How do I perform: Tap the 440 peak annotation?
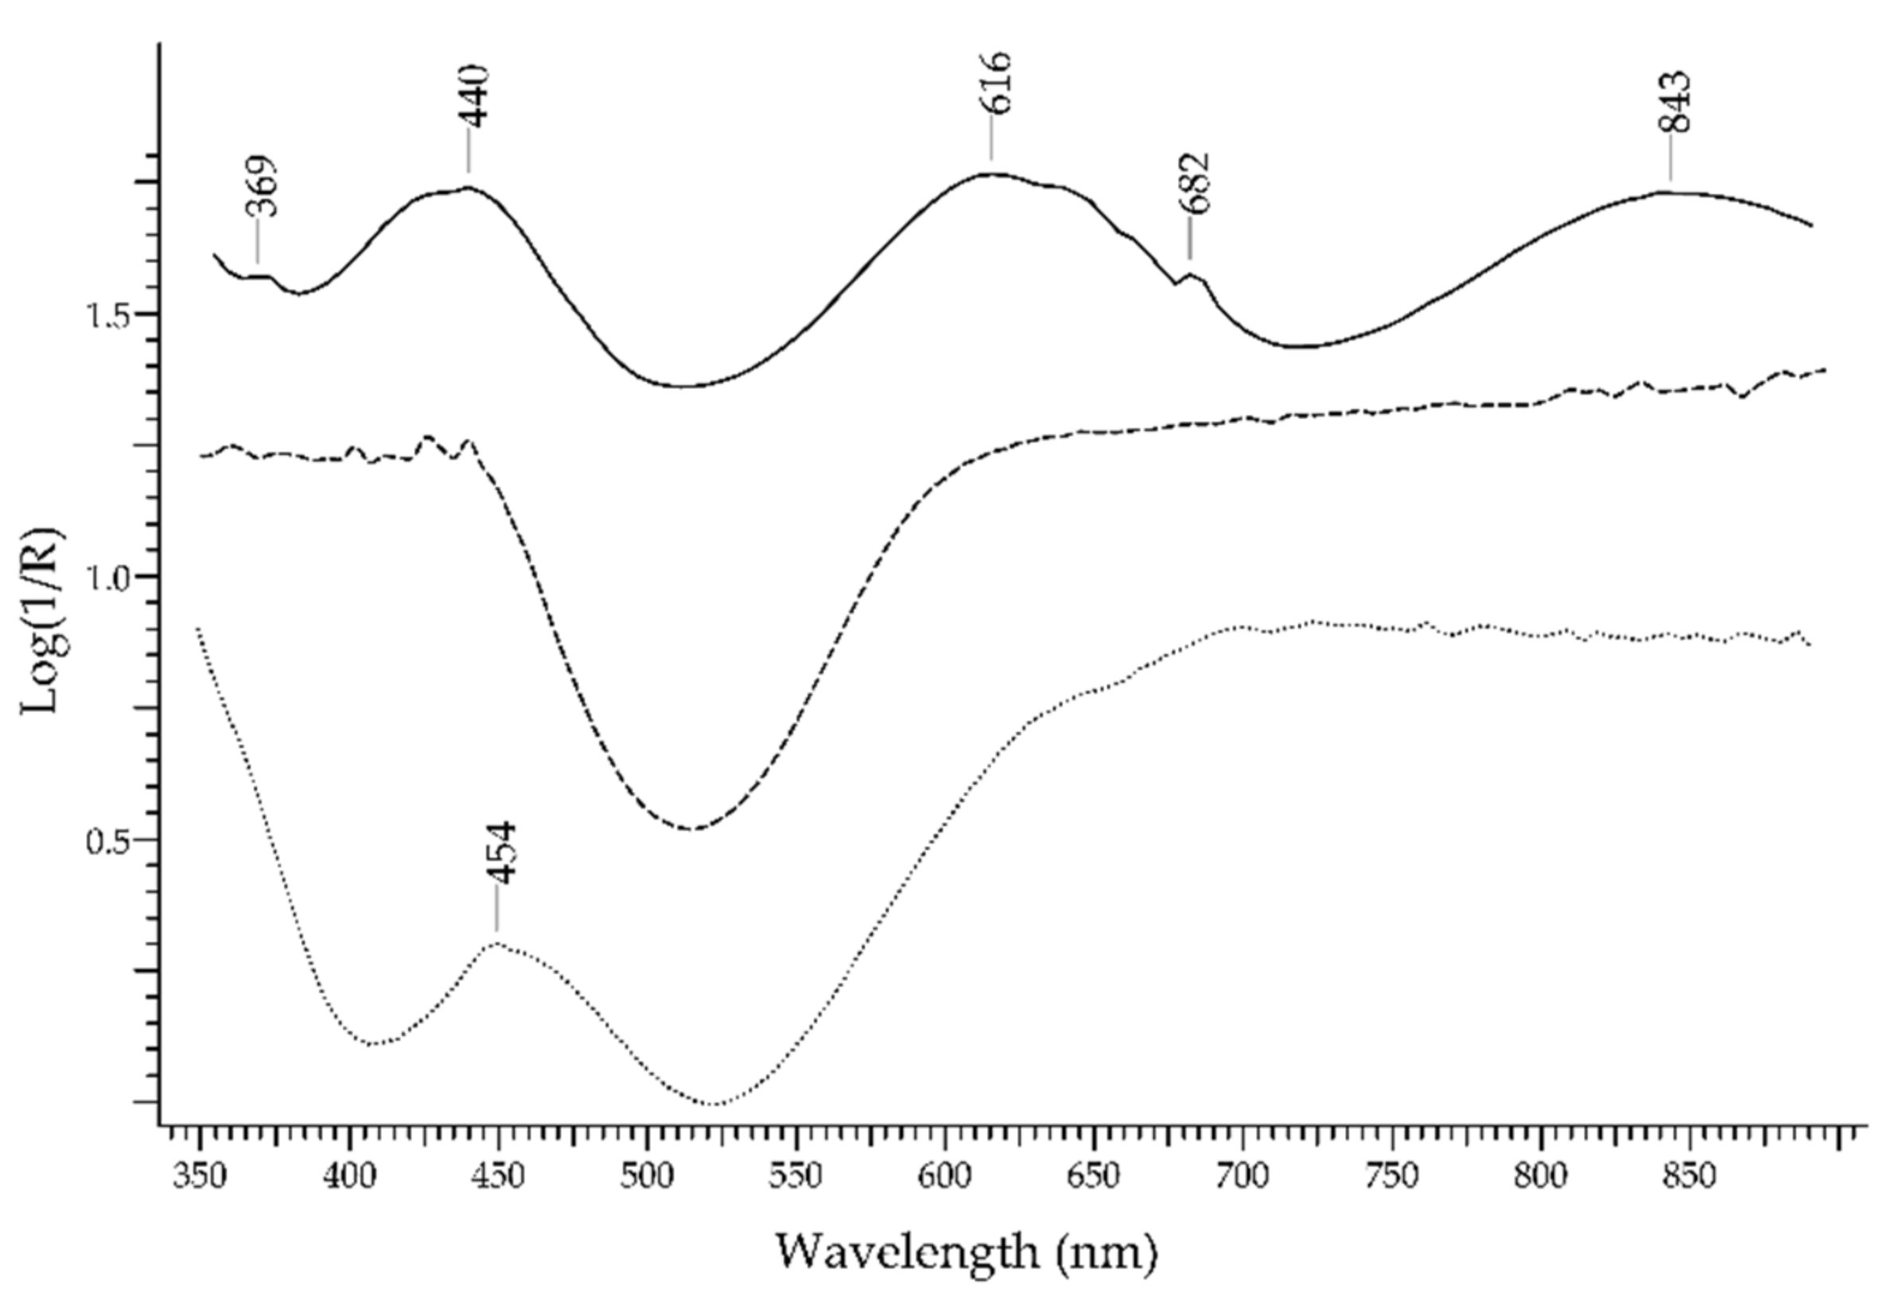476,96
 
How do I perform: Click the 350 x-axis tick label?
200,1177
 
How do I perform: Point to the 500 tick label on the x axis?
647,1177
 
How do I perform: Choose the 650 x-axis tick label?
1093,1177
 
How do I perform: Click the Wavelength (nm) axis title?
966,1251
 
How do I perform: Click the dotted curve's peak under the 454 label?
497,943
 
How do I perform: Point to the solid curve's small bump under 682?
1191,275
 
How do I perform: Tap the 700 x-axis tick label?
1242,1177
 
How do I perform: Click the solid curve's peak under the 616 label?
992,173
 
